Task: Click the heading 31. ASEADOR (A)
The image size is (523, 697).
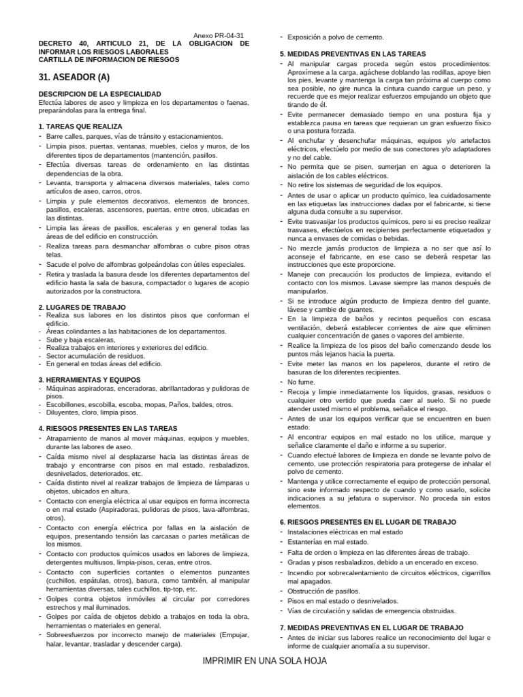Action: (x=74, y=77)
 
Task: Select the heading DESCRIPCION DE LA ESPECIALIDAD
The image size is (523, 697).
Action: (x=99, y=93)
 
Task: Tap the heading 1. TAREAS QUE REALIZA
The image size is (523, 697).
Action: (x=80, y=127)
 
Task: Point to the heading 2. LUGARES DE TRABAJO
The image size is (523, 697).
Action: (x=82, y=307)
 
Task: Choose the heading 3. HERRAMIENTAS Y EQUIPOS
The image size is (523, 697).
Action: (x=89, y=380)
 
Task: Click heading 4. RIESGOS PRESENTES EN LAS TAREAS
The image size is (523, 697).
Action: (x=108, y=429)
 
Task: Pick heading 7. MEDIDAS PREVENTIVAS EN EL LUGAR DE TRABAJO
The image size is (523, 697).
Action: (x=372, y=627)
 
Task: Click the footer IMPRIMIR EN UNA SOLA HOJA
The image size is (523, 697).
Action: (x=265, y=661)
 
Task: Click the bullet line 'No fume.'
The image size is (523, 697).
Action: (x=301, y=382)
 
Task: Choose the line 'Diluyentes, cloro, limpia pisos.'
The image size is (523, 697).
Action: (x=92, y=412)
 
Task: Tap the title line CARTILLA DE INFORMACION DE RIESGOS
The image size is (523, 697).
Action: (x=109, y=59)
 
